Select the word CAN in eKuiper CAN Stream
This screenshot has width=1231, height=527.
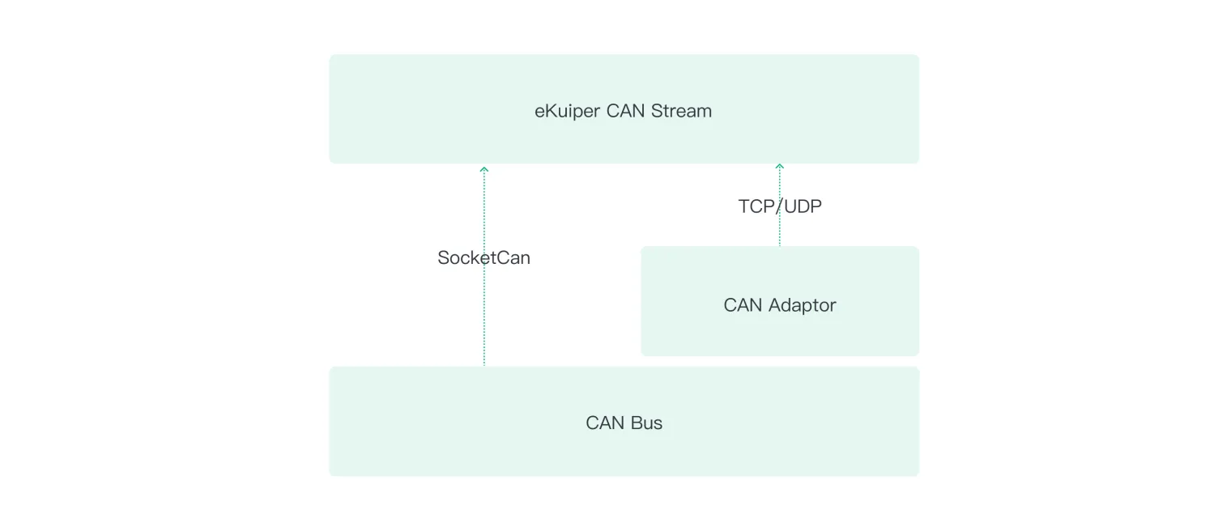pyautogui.click(x=625, y=111)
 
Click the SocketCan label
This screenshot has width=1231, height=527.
pyautogui.click(x=483, y=258)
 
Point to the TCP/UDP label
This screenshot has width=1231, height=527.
pyautogui.click(x=779, y=206)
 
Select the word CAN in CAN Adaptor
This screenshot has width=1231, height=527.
pyautogui.click(x=743, y=305)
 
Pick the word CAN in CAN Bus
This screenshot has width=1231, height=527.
pyautogui.click(x=604, y=423)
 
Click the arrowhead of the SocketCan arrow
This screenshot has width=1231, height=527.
pyautogui.click(x=484, y=169)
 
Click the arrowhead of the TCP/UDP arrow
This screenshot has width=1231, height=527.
pyautogui.click(x=780, y=166)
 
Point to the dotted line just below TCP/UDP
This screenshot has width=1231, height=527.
pyautogui.click(x=780, y=231)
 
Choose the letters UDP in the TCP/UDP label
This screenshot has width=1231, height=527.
pyautogui.click(x=803, y=206)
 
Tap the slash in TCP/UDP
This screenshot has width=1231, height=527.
pyautogui.click(x=779, y=206)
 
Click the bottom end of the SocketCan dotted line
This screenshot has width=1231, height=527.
pyautogui.click(x=484, y=363)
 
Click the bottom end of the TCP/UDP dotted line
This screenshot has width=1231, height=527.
pyautogui.click(x=780, y=244)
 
